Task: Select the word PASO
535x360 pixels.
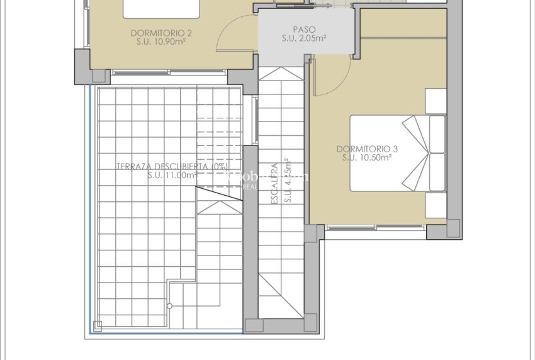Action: point(304,29)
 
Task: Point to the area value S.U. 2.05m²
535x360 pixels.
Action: point(304,38)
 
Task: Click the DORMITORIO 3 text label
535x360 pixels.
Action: point(367,149)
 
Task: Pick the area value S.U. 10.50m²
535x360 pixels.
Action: point(367,158)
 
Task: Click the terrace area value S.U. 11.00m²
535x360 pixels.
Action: point(171,176)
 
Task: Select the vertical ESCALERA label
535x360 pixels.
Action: point(274,183)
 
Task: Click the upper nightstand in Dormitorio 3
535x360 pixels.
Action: point(436,101)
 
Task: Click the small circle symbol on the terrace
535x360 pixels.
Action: point(169,307)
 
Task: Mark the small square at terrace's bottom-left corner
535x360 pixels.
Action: point(97,325)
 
